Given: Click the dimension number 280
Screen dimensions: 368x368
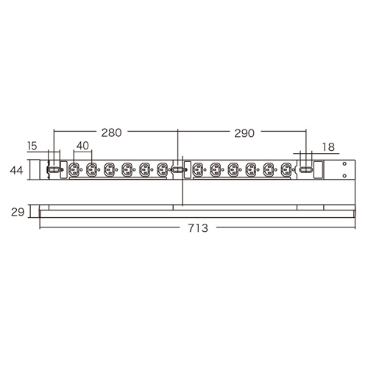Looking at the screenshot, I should point(111,133).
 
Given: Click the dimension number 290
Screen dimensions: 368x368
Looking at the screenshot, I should point(244,133).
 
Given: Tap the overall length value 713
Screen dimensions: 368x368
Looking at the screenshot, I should point(197,228).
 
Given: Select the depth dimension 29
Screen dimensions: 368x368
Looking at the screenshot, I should point(17,212).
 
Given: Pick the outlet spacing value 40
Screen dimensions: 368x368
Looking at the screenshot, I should point(82,146).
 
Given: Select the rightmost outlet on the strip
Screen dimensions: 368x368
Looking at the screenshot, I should point(286,170).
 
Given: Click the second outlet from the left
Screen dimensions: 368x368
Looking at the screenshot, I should point(91,170).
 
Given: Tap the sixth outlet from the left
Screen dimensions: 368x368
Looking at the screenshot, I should point(163,170).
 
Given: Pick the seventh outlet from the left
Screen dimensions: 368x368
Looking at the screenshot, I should point(197,170).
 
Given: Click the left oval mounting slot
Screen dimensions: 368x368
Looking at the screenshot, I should point(52,170).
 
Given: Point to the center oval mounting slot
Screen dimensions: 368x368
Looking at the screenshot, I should point(179,170).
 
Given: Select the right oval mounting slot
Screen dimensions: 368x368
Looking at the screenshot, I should point(305,170).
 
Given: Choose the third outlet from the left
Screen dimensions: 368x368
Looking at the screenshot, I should point(109,170).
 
